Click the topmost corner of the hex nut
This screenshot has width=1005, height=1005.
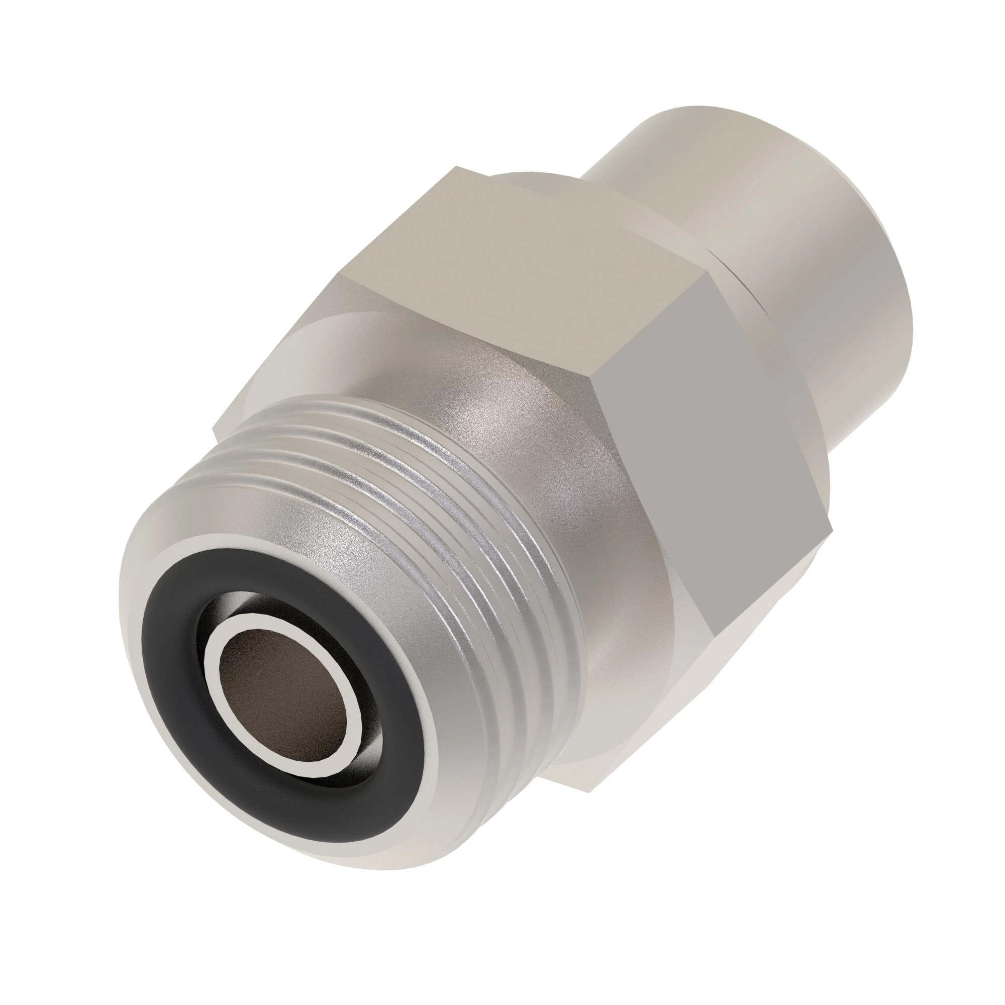pyautogui.click(x=457, y=167)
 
